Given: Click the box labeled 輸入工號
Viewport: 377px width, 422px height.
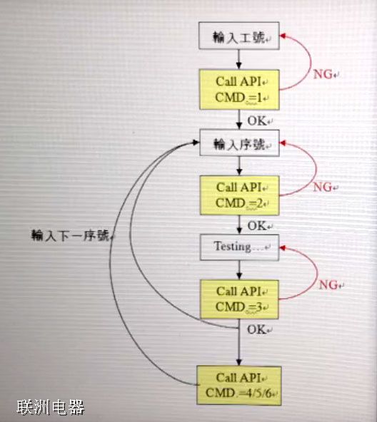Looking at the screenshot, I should [239, 36].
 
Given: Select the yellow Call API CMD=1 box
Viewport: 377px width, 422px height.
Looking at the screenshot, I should [239, 89].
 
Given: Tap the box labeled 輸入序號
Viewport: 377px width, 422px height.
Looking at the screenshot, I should [239, 144].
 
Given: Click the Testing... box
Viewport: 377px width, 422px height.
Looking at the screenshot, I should [239, 247].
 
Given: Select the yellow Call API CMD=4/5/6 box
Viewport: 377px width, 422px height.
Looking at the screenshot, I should [239, 386].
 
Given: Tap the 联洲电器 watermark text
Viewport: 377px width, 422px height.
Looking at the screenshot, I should [51, 408].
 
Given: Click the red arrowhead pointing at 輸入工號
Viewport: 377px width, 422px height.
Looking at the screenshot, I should [283, 35].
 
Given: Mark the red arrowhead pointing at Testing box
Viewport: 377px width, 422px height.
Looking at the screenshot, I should [283, 247].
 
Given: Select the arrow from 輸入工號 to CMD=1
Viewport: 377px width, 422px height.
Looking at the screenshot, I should [239, 59].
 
